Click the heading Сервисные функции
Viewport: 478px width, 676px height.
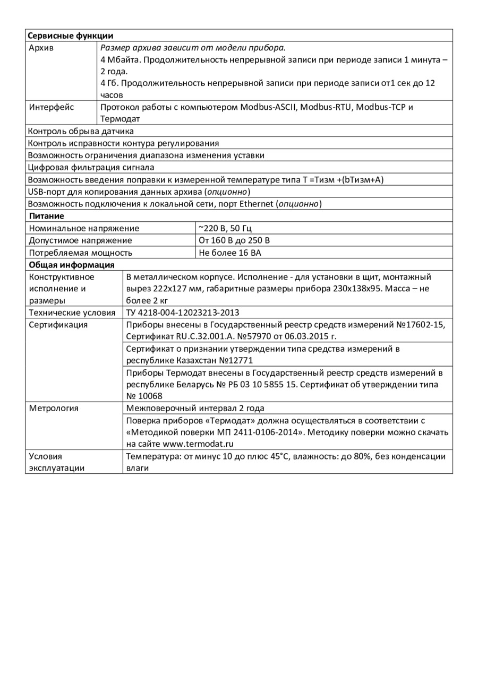pos(70,36)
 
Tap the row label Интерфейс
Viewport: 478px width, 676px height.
pos(52,107)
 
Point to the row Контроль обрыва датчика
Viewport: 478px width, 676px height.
pos(81,131)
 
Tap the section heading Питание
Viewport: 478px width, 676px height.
pos(46,216)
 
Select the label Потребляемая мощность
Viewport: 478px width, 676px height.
pos(81,253)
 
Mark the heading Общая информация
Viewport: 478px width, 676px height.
pos(71,265)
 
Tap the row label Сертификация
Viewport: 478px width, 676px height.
pos(58,325)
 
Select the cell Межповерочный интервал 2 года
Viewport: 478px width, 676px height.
pos(195,408)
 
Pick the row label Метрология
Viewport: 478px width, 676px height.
pos(54,408)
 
